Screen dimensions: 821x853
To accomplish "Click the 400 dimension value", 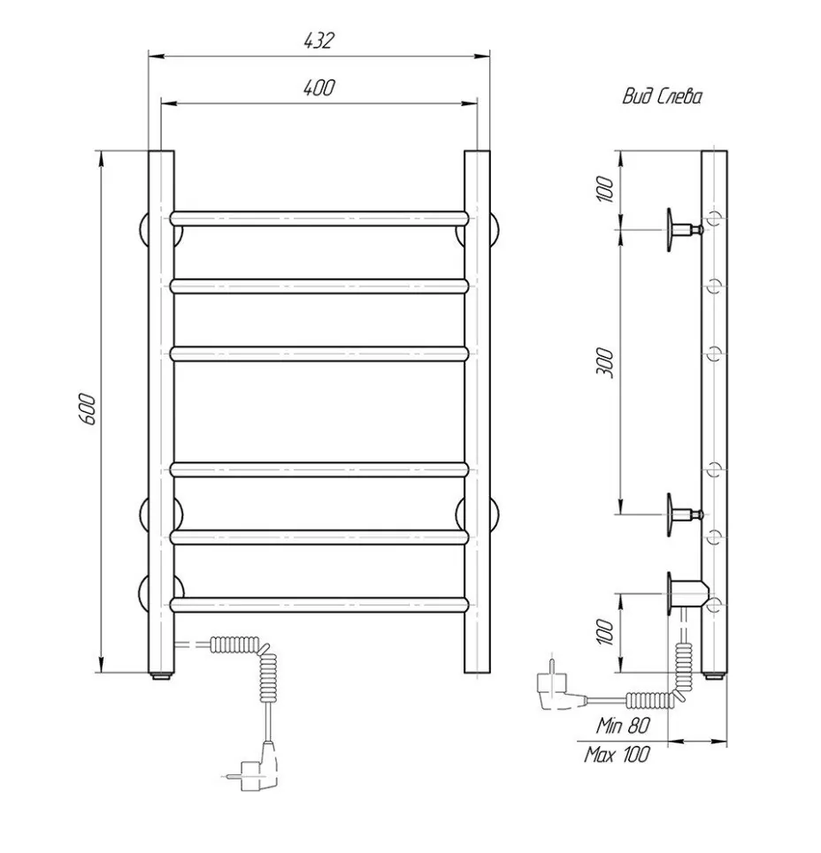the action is pyautogui.click(x=319, y=88).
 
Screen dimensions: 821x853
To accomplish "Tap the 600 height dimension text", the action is pyautogui.click(x=88, y=409).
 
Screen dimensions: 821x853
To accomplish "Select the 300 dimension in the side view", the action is pyautogui.click(x=604, y=363).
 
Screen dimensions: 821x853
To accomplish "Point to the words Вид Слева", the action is pyautogui.click(x=662, y=97).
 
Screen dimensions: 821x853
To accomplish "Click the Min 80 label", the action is pyautogui.click(x=623, y=725).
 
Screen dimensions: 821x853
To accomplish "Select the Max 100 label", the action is pyautogui.click(x=617, y=755).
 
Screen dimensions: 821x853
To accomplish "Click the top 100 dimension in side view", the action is pyautogui.click(x=604, y=189).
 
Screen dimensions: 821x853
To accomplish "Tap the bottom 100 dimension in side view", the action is pyautogui.click(x=604, y=631).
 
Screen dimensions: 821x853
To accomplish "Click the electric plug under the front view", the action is pyautogui.click(x=255, y=767).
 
